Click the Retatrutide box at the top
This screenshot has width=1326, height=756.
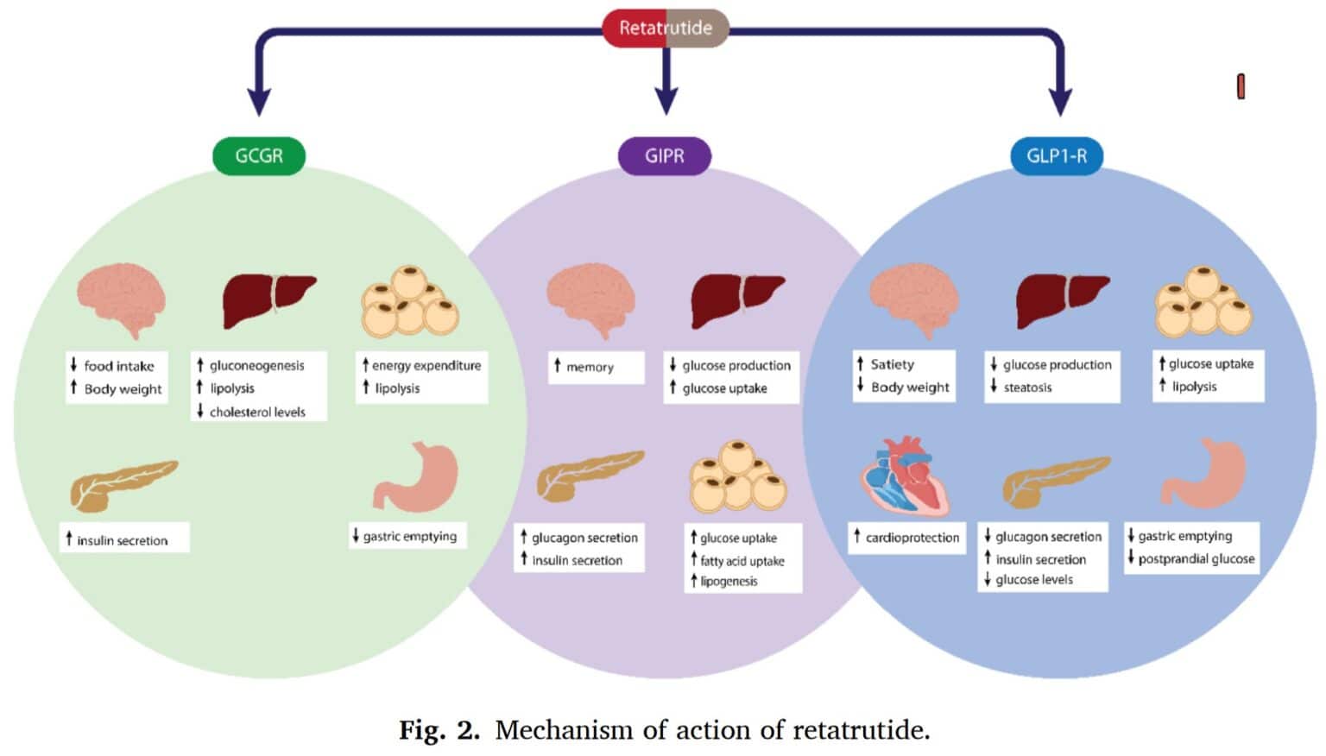tap(665, 28)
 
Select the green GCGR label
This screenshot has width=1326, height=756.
tap(259, 156)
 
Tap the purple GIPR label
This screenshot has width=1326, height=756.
tap(665, 156)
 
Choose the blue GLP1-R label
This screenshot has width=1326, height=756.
tap(1057, 156)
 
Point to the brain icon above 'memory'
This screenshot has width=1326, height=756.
tap(591, 299)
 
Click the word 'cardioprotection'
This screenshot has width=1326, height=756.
tap(912, 538)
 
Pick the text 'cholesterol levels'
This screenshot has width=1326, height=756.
tap(257, 413)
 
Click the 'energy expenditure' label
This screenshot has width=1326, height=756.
tap(426, 365)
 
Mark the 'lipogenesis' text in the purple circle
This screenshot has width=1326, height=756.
tap(729, 582)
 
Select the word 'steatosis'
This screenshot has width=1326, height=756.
tap(1027, 387)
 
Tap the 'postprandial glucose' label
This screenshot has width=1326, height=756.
tap(1196, 559)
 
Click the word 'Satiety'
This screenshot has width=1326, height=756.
tap(892, 364)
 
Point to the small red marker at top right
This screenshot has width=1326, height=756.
tap(1241, 86)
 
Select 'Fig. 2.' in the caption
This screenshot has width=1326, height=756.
tap(439, 730)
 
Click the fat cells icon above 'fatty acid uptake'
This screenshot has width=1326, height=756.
tap(738, 476)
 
